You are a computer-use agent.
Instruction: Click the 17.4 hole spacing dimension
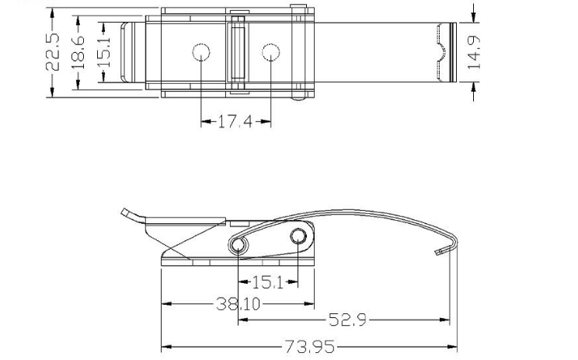pyautogui.click(x=235, y=122)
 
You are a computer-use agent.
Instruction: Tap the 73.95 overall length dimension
pyautogui.click(x=308, y=347)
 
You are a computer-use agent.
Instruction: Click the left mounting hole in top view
pyautogui.click(x=201, y=53)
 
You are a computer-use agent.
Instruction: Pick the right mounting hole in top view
pyautogui.click(x=270, y=53)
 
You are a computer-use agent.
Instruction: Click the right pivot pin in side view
pyautogui.click(x=299, y=236)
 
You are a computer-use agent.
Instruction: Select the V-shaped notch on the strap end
pyautogui.click(x=440, y=53)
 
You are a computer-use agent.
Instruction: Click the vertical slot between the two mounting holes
pyautogui.click(x=235, y=51)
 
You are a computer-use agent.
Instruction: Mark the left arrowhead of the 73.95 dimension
pyautogui.click(x=165, y=347)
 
